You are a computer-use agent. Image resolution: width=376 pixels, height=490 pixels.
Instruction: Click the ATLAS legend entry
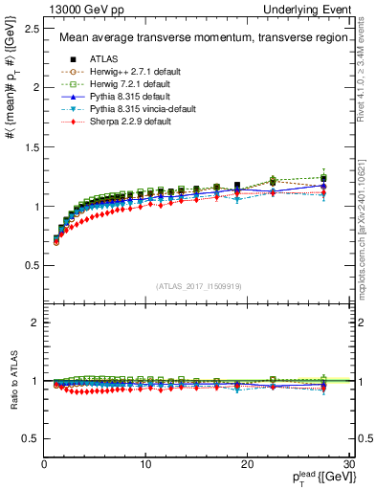pyautogui.click(x=102, y=59)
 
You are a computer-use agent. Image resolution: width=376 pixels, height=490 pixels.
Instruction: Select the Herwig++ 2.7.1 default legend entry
pyautogui.click(x=128, y=72)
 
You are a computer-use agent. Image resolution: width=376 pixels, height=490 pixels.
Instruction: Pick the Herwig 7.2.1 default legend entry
pyautogui.click(x=127, y=84)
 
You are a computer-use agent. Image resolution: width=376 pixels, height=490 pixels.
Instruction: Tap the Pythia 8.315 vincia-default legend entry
pyautogui.click(x=135, y=109)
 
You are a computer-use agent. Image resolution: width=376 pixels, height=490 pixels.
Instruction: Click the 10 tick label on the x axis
pyautogui.click(x=145, y=464)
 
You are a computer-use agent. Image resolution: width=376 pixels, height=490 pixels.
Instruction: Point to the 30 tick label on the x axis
pyautogui.click(x=349, y=464)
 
